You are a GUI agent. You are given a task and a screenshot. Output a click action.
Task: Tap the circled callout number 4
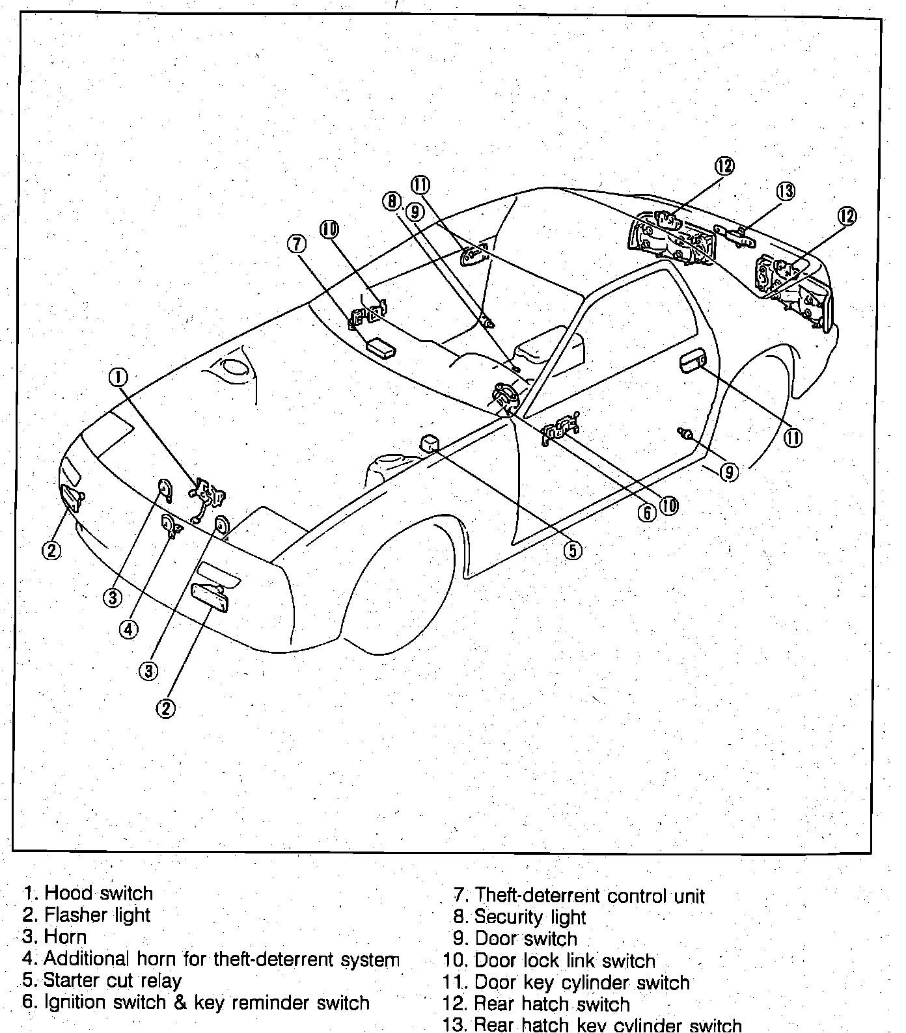tap(129, 628)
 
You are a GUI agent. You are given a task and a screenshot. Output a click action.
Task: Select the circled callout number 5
tap(572, 550)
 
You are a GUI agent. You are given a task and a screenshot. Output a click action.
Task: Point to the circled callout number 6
tap(647, 513)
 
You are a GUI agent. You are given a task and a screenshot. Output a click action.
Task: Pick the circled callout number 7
tap(296, 244)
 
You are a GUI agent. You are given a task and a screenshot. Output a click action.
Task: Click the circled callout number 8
tap(391, 202)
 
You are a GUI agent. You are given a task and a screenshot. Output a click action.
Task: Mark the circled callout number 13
tap(786, 191)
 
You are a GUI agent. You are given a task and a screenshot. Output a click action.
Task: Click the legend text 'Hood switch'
tap(98, 892)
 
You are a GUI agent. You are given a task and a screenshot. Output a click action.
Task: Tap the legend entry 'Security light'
tap(529, 917)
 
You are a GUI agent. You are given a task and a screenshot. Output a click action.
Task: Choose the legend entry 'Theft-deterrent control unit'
tap(589, 895)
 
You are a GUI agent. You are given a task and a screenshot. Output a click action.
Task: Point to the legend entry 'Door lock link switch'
tap(564, 960)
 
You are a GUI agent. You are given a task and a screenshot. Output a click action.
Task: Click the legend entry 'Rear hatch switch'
tap(551, 1004)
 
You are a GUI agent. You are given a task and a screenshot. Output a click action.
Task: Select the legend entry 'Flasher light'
tap(96, 915)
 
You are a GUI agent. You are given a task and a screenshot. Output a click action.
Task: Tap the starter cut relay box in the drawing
tap(430, 443)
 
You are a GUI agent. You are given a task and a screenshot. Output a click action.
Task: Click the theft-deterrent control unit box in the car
tap(382, 346)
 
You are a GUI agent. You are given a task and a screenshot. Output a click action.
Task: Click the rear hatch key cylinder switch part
tap(734, 234)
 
